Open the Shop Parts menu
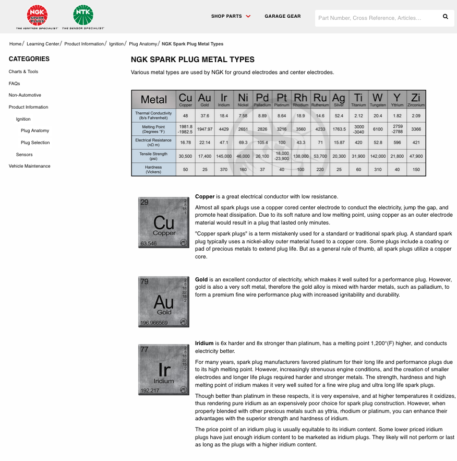pos(231,16)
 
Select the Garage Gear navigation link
pos(283,16)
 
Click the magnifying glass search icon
pos(446,17)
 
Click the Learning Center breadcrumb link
pos(43,44)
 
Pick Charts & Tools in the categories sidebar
pos(23,72)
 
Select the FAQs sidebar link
pos(15,84)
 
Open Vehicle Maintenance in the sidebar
pos(30,166)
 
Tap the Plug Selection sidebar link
pos(35,143)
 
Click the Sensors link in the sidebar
pos(25,155)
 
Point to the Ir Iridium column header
pos(224,99)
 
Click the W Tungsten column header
pos(378,99)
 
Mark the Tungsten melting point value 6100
pos(378,129)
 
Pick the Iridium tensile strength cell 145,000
pos(224,156)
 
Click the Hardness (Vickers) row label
pos(153,169)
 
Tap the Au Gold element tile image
pos(164,302)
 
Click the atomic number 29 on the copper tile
pos(145,202)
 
